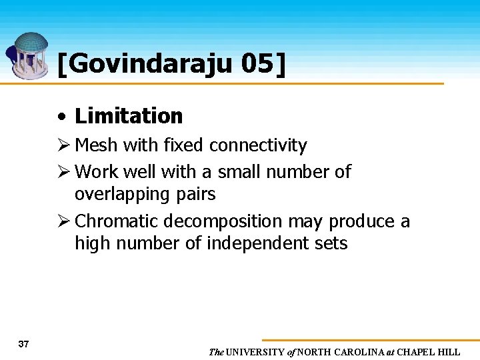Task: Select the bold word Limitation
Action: click(129, 116)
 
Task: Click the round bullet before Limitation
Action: click(61, 117)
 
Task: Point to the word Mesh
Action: click(96, 145)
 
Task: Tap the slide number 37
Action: click(24, 344)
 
